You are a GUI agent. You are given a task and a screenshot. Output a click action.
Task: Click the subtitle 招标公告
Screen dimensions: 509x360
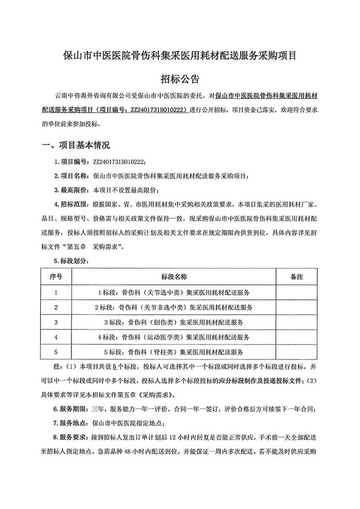pos(179,79)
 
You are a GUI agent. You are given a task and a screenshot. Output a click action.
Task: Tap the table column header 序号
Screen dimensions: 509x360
pos(56,277)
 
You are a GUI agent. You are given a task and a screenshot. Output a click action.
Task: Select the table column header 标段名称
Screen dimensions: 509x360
pos(173,277)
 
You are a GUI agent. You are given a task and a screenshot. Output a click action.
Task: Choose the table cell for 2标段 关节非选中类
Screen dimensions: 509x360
pos(173,307)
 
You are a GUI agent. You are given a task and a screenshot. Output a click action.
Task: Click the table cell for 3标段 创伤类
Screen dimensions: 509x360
pos(173,322)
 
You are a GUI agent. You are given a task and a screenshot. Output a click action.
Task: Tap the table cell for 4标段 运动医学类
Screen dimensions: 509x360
pos(173,337)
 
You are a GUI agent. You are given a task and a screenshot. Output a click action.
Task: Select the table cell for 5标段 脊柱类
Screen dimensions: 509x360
pos(173,352)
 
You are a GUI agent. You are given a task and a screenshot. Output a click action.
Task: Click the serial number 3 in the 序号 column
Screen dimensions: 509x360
pos(56,322)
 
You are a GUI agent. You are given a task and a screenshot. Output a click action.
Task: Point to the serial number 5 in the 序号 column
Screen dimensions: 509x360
pos(56,352)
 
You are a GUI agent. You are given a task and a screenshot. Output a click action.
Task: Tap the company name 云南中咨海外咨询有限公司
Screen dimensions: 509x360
pos(92,95)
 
